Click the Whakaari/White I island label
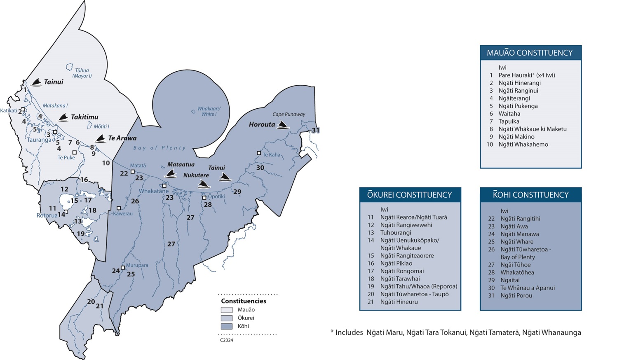209,111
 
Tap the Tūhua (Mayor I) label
82,73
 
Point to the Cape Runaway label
289,114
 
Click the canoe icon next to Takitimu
63,117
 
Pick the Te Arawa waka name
122,138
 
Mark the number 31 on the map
315,130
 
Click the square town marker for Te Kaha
259,153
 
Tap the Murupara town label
137,265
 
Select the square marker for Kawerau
119,208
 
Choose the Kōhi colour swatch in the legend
227,326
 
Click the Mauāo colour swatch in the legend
227,310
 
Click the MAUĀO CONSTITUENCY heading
530,53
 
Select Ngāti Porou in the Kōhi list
516,295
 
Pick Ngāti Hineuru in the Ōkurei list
399,302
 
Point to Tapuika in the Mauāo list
509,121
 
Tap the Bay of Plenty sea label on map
160,148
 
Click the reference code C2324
227,340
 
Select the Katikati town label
9,110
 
